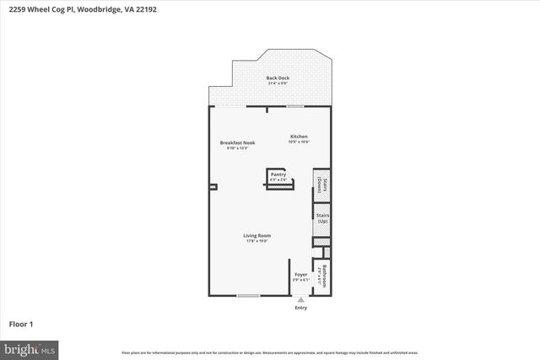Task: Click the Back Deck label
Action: click(x=278, y=78)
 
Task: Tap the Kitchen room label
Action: click(x=299, y=137)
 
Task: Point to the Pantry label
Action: click(x=278, y=175)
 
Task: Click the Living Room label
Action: click(x=256, y=235)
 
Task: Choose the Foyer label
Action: click(x=300, y=275)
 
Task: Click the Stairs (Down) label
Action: click(x=321, y=185)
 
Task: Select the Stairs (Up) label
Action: click(x=321, y=218)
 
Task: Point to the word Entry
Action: click(x=301, y=308)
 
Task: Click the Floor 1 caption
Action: click(x=20, y=324)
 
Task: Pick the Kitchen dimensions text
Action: click(x=299, y=142)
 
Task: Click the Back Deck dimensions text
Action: click(x=278, y=83)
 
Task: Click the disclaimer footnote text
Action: click(x=269, y=352)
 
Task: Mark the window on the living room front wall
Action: click(x=247, y=295)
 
